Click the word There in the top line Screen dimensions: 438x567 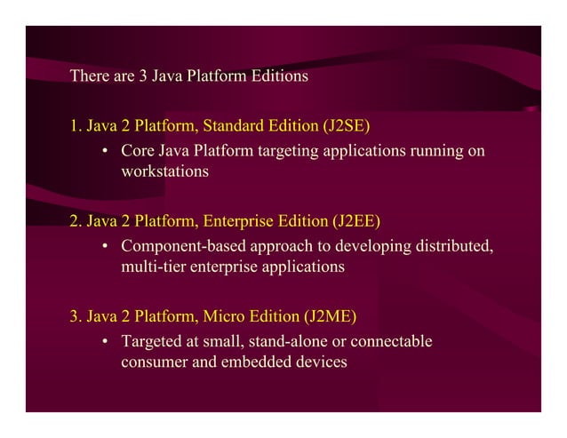pyautogui.click(x=89, y=76)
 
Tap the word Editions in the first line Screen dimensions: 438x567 pyautogui.click(x=278, y=76)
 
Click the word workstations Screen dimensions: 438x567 pyautogui.click(x=164, y=171)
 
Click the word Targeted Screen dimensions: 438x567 pyautogui.click(x=152, y=340)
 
